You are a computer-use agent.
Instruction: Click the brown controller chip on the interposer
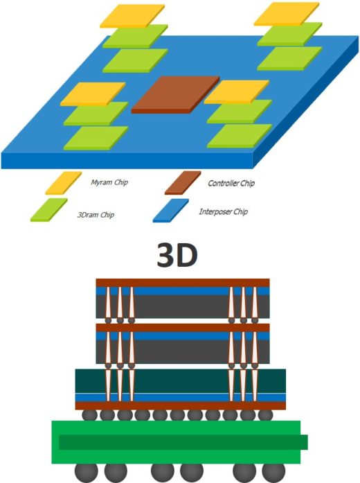click(x=175, y=94)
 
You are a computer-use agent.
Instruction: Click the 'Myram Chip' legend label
click(x=109, y=182)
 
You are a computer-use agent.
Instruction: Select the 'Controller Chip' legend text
click(x=231, y=183)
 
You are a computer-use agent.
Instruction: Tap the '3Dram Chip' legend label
click(x=96, y=214)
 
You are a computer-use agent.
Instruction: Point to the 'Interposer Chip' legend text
click(x=224, y=211)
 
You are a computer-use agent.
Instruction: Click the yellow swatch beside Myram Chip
click(x=64, y=183)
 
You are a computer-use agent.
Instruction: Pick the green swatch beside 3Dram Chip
click(x=49, y=210)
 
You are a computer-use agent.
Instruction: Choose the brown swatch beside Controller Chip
click(x=183, y=183)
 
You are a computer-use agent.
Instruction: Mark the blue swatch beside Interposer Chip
click(x=171, y=211)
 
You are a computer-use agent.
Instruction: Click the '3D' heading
click(x=177, y=255)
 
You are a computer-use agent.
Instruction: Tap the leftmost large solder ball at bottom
click(x=87, y=471)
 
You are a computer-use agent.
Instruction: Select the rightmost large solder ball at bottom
click(x=273, y=471)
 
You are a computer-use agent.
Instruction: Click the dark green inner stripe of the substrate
click(x=183, y=442)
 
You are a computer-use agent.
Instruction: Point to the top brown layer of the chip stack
click(x=183, y=283)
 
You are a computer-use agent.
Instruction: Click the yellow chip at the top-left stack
click(x=132, y=16)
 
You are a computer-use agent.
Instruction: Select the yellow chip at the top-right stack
click(x=287, y=14)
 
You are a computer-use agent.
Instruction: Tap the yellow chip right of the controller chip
click(x=237, y=91)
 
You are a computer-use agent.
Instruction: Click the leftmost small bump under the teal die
click(x=89, y=415)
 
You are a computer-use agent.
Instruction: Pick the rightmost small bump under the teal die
click(x=265, y=415)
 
